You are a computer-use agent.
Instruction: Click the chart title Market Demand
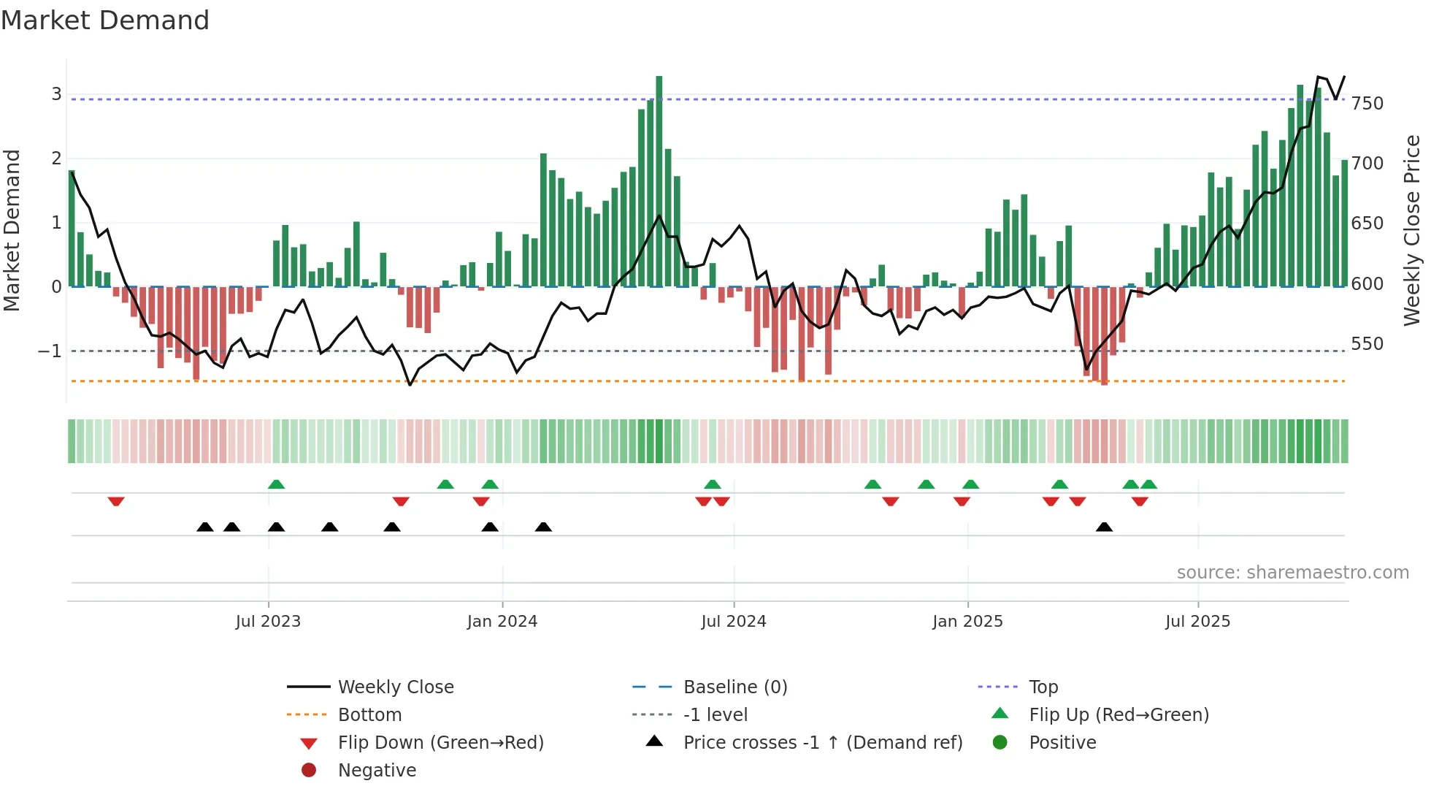[x=105, y=20]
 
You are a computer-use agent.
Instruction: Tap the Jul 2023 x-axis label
[x=268, y=622]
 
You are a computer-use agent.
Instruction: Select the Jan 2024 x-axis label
[x=502, y=622]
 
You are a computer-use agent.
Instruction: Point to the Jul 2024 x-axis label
[x=734, y=622]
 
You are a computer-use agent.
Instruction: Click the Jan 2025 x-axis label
[x=967, y=622]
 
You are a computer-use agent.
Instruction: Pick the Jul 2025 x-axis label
[x=1197, y=622]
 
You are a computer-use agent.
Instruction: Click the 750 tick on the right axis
[x=1367, y=104]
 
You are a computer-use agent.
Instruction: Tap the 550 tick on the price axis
[x=1367, y=344]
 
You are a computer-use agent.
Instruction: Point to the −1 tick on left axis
[x=50, y=351]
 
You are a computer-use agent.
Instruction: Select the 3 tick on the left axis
[x=56, y=94]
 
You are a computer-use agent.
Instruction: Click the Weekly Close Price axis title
[x=1412, y=230]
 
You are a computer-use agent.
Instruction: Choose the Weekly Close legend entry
[x=395, y=687]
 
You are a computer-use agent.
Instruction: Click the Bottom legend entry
[x=369, y=715]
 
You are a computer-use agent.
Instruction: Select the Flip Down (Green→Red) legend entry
[x=440, y=743]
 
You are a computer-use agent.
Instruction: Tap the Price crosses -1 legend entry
[x=822, y=743]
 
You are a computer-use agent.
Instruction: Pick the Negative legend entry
[x=377, y=771]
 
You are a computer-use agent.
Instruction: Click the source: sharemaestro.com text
[x=1292, y=573]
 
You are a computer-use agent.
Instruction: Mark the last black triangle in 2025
[x=1104, y=527]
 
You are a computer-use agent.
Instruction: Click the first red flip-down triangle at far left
[x=116, y=501]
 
